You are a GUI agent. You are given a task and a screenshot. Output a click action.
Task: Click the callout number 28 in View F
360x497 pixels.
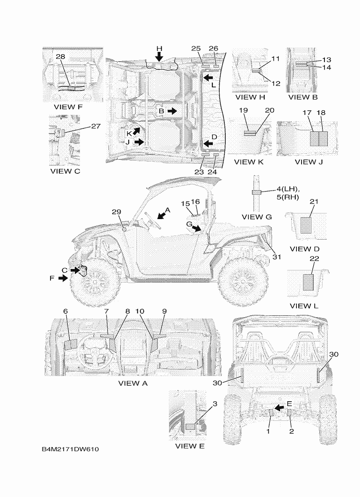tap(60, 57)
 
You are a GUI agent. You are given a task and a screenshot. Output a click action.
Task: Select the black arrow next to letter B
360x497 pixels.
tap(172, 111)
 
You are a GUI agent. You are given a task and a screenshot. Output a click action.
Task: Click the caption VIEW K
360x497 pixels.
tap(249, 162)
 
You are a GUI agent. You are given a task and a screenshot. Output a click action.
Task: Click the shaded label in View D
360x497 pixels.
tap(306, 225)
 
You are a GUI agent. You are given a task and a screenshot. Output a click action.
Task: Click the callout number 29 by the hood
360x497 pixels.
tap(116, 212)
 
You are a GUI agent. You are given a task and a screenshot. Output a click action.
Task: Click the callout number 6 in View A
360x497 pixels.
tap(65, 311)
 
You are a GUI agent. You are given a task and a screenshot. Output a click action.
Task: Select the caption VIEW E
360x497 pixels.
tap(190, 446)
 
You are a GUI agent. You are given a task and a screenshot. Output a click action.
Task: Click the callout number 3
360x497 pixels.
tap(215, 404)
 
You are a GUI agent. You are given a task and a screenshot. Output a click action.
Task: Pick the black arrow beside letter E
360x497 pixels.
tap(280, 407)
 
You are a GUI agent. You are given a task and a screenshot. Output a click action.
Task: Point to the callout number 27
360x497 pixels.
tap(95, 126)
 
